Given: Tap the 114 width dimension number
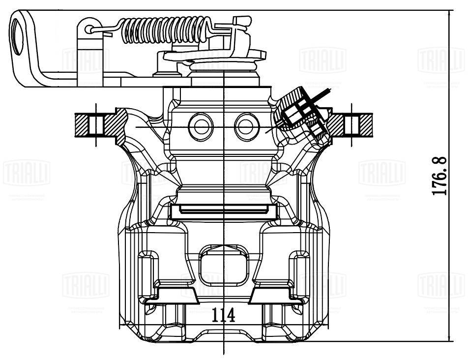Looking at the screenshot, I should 224,315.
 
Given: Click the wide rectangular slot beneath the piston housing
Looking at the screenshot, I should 224,210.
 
